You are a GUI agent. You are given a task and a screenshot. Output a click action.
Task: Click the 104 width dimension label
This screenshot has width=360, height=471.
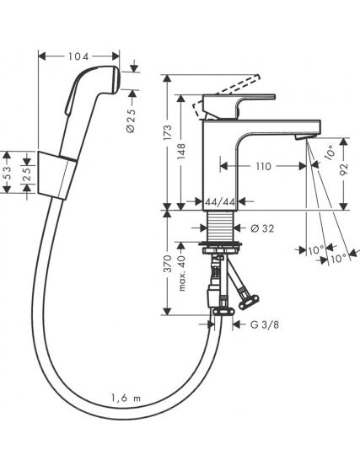coord(78,56)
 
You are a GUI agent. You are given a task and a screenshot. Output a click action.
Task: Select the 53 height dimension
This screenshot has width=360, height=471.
coord(8,173)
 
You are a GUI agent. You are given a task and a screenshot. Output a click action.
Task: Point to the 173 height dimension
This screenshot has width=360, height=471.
coord(169,132)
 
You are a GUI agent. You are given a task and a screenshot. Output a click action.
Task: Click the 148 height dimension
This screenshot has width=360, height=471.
coord(181,152)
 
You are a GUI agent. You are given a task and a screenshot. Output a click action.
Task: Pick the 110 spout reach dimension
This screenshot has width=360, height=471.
coord(264,166)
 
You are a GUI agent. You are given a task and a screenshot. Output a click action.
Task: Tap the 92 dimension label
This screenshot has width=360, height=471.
coord(344,170)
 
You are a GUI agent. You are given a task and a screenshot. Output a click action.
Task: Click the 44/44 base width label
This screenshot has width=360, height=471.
coord(220,202)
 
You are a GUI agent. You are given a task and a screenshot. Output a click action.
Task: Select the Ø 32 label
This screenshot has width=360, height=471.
coord(262,228)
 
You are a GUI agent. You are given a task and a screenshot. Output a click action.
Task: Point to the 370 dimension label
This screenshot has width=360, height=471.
coord(169,264)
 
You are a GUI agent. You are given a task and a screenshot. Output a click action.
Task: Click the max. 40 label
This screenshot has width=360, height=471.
coord(182,274)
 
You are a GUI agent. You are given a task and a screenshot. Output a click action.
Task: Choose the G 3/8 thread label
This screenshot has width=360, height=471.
coord(265,324)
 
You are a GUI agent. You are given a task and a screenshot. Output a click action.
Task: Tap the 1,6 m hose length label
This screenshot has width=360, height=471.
coord(126,399)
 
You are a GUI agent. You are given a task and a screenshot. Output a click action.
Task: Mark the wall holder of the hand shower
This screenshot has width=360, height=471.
coord(56,175)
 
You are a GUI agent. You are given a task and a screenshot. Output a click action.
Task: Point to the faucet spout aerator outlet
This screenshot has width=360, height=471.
coord(301,137)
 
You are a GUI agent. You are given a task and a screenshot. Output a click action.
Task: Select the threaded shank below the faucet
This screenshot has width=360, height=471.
coord(220,226)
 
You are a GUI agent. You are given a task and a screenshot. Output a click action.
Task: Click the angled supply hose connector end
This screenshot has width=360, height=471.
coord(249,301)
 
